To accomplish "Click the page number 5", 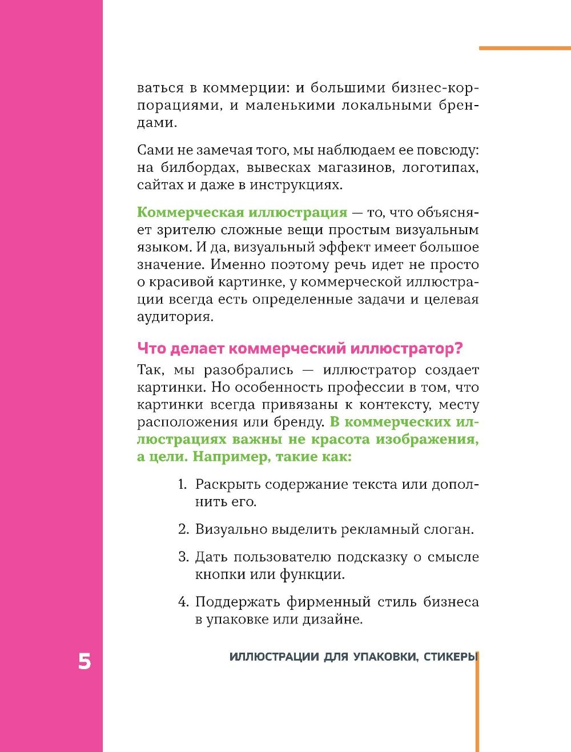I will tap(84, 661).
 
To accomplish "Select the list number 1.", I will tap(183, 484).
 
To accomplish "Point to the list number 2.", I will tap(183, 529).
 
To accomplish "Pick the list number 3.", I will tap(183, 557).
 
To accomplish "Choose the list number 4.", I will tap(183, 602).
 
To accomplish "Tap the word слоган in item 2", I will tap(448, 529).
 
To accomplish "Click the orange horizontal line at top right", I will tap(524, 49).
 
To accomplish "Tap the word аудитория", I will tap(175, 317).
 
